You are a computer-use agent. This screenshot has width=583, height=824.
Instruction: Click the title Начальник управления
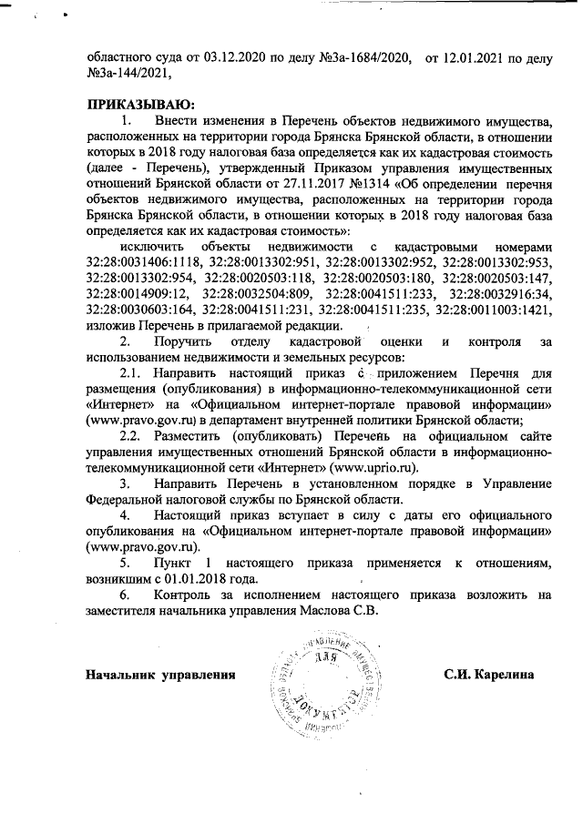pyautogui.click(x=154, y=675)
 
